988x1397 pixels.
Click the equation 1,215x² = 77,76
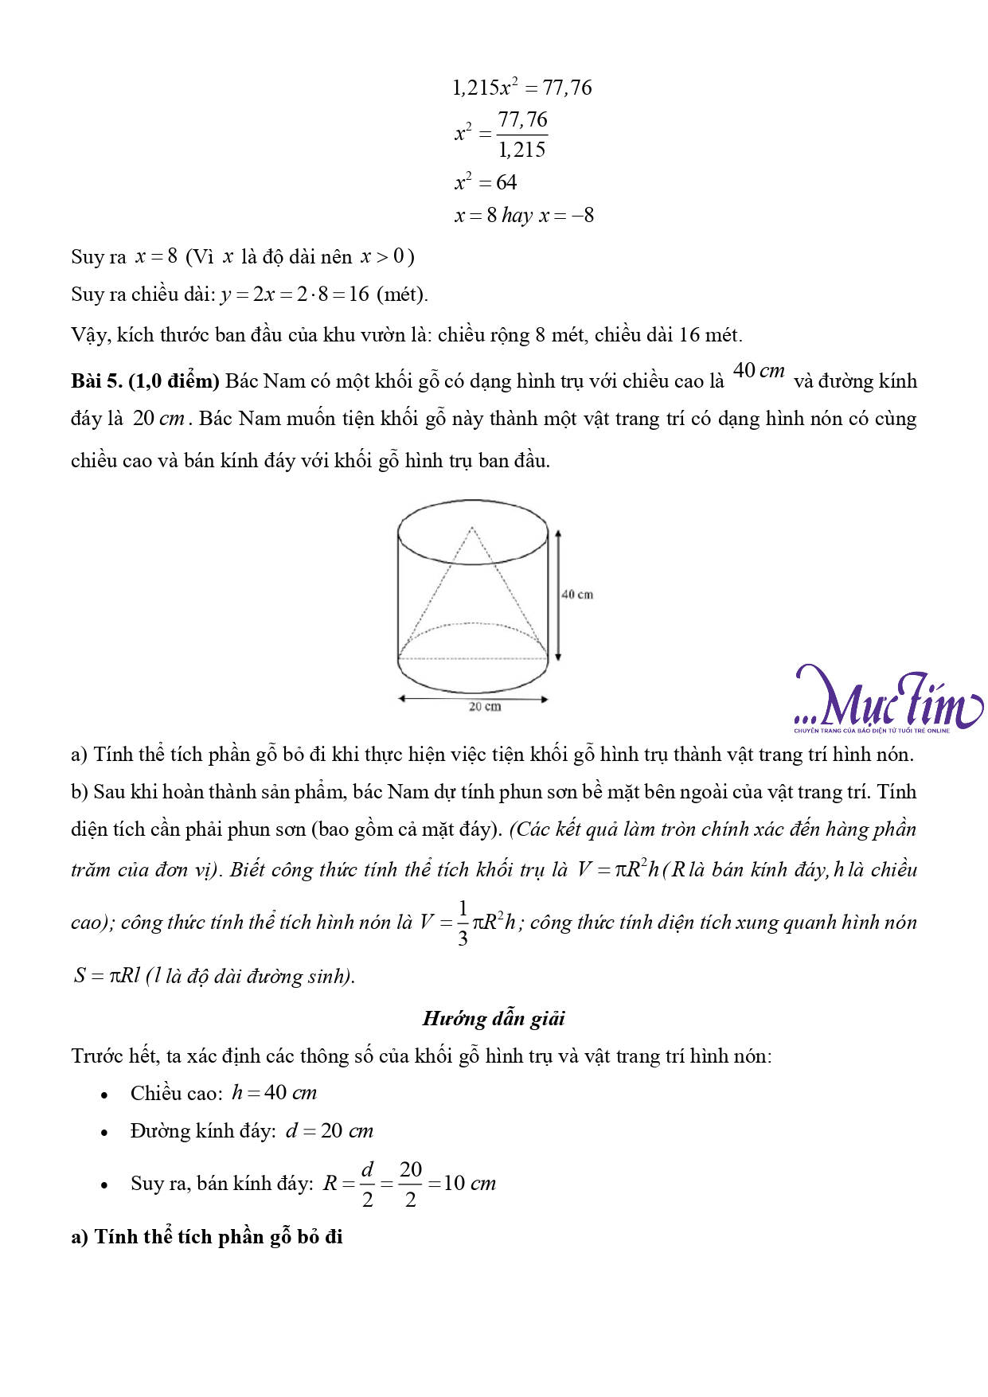pos(521,88)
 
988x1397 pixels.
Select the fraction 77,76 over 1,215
pos(522,135)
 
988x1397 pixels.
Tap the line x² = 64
pos(486,183)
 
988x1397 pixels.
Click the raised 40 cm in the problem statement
pos(758,371)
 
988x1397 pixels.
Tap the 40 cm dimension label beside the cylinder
pos(577,595)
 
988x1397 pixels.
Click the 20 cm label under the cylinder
pos(484,707)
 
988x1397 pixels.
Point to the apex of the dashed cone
pos(472,528)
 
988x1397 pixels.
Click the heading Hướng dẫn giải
pos(494,1019)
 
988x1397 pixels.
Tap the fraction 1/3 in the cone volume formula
pos(463,923)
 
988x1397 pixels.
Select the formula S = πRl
pos(107,976)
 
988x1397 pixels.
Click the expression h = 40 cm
pos(274,1093)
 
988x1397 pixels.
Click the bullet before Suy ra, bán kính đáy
pos(104,1185)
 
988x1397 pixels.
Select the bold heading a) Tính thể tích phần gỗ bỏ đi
pos(207,1237)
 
